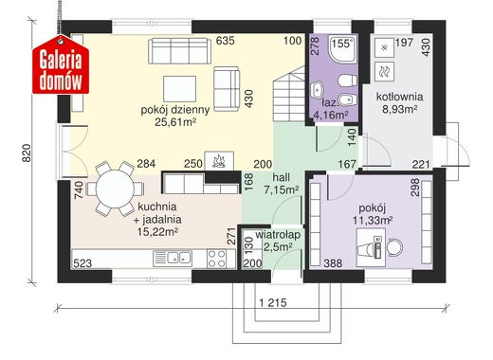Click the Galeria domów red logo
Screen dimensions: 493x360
(x=61, y=65)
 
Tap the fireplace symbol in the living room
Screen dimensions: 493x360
(x=219, y=161)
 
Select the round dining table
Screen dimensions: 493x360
(x=115, y=189)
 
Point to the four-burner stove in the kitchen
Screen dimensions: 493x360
(x=217, y=259)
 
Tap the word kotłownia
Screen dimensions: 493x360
(x=399, y=97)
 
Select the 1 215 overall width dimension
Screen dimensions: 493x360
(x=273, y=303)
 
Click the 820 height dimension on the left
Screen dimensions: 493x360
(x=27, y=153)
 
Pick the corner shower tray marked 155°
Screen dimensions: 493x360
(x=343, y=48)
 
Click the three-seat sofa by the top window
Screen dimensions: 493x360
(x=179, y=51)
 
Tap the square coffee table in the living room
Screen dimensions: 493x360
(x=179, y=89)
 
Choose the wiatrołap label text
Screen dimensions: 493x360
(x=278, y=235)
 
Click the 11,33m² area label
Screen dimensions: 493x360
(x=373, y=220)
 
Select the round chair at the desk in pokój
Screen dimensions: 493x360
(x=394, y=247)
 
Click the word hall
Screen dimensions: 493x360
(x=282, y=177)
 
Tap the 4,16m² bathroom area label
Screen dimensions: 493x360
(x=331, y=115)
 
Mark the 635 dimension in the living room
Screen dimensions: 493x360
(x=226, y=41)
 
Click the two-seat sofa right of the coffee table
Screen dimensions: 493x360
(x=227, y=89)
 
